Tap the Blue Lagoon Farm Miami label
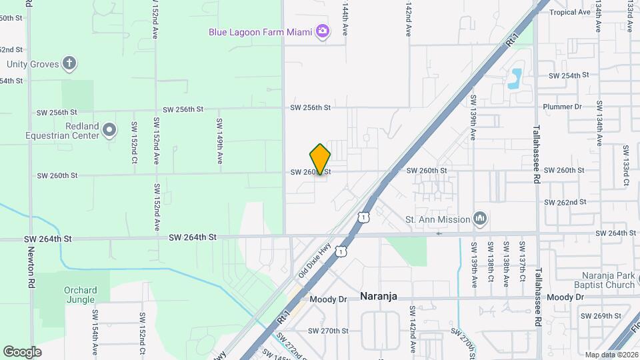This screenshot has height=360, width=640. click(x=261, y=31)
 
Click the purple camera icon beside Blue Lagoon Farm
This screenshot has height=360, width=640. click(x=323, y=31)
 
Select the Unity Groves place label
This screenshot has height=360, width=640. click(x=33, y=65)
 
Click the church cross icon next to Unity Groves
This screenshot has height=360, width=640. click(x=69, y=64)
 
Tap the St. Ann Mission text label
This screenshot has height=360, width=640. click(x=437, y=219)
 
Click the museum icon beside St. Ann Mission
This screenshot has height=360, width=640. click(x=479, y=219)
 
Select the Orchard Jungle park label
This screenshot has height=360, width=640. click(x=80, y=295)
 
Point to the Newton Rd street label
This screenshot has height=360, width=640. click(x=31, y=267)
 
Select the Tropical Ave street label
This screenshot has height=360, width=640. click(x=570, y=12)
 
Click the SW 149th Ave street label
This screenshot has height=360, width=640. click(x=219, y=141)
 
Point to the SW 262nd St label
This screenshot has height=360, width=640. click(x=565, y=202)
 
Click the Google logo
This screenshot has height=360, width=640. click(x=22, y=351)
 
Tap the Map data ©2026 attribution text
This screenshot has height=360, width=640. click(x=611, y=355)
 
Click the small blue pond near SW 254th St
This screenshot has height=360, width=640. click(x=515, y=79)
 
